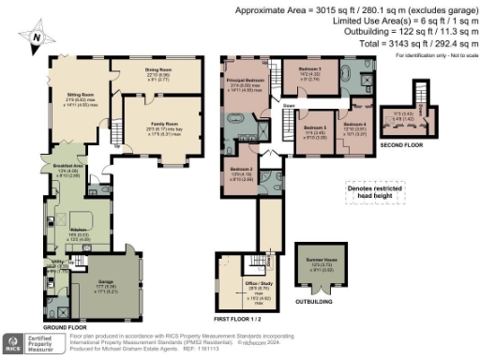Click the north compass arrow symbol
[x=36, y=38]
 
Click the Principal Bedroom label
[x=245, y=82]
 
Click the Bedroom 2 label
[x=242, y=169]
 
